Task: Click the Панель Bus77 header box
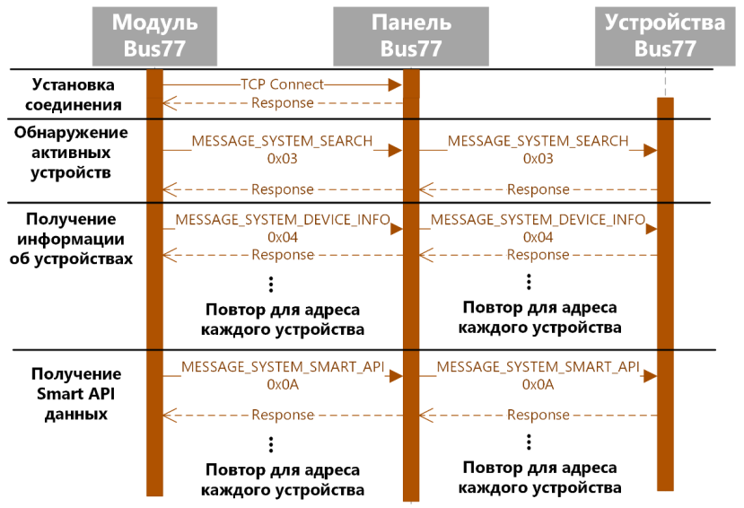[410, 34]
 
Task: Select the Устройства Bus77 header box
[665, 34]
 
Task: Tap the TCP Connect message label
[282, 84]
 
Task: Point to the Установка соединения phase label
[74, 95]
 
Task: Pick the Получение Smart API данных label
[73, 394]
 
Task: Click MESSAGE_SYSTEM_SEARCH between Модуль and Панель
[282, 142]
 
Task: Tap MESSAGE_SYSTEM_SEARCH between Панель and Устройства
[538, 142]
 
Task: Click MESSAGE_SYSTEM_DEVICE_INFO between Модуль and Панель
[282, 220]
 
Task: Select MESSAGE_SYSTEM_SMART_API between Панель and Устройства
[538, 367]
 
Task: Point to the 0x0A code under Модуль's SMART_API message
[282, 384]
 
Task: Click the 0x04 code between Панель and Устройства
[538, 238]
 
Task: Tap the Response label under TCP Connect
[282, 103]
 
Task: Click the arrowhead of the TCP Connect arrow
[394, 84]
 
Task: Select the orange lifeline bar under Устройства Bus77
[665, 296]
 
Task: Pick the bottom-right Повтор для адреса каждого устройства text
[539, 478]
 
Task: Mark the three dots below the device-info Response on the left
[271, 285]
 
